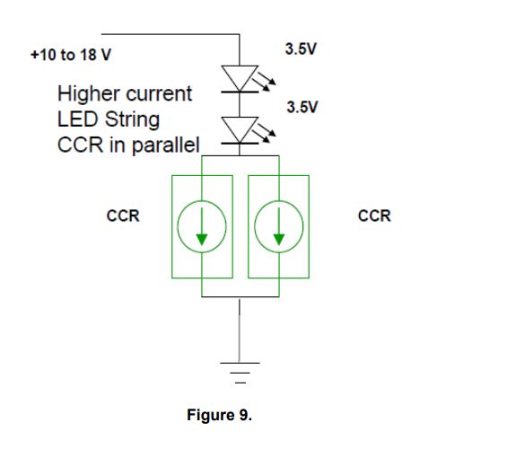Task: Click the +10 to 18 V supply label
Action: [71, 55]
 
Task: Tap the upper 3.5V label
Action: [300, 48]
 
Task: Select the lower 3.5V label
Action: [302, 107]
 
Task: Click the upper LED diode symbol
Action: [240, 78]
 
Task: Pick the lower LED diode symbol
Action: [240, 130]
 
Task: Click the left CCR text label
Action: [123, 216]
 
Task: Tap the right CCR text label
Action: [374, 216]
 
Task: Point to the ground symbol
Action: [240, 369]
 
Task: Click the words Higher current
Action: [124, 93]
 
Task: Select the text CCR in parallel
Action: [128, 144]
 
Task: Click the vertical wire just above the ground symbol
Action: [240, 332]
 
